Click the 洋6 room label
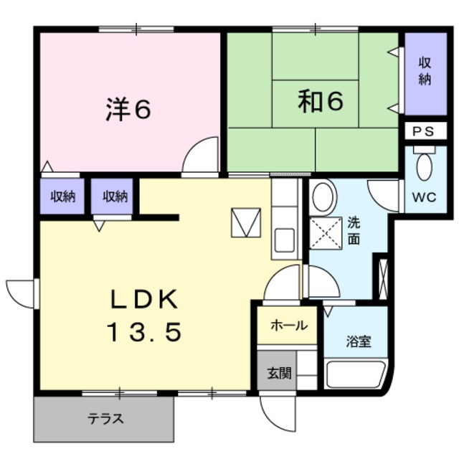(x=128, y=109)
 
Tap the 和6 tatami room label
(x=320, y=103)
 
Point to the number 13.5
(x=143, y=331)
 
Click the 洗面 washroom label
(x=354, y=230)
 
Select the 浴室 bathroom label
(x=359, y=341)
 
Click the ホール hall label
(x=288, y=325)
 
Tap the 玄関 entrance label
(x=279, y=373)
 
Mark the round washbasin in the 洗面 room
(x=323, y=196)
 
